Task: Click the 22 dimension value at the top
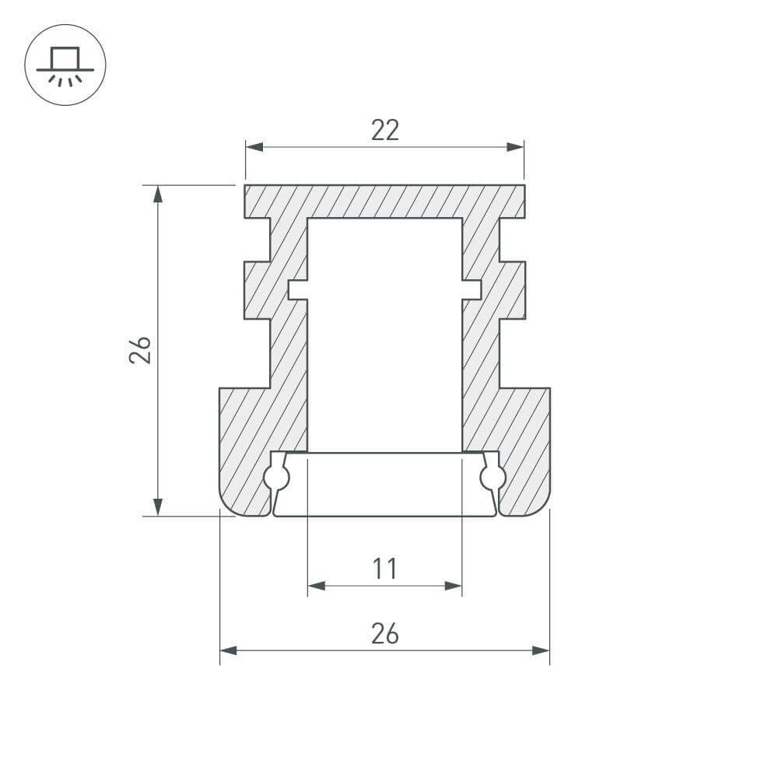pos(384,130)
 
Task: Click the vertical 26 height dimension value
pos(140,350)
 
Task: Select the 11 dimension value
pos(384,569)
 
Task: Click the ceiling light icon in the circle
pos(65,65)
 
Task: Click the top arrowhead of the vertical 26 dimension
pos(158,194)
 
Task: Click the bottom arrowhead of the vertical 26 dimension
pos(158,506)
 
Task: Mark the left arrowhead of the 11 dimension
pos(317,586)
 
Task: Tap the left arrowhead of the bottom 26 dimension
pos(229,650)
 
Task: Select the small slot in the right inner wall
pos(471,289)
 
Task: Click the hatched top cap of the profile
pos(384,201)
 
